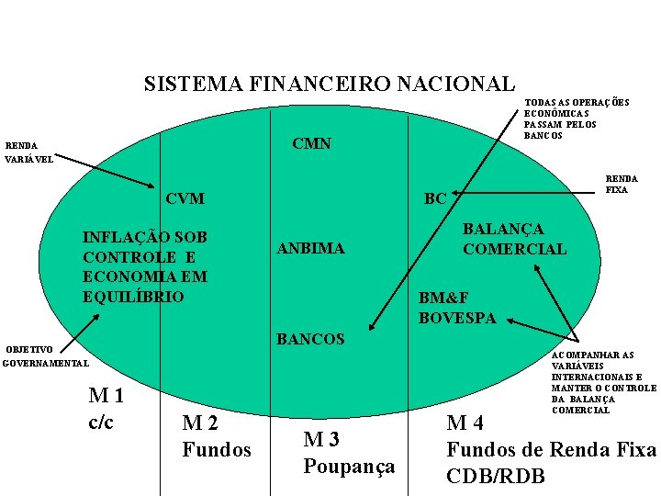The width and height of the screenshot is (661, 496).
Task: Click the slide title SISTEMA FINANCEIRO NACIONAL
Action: pos(329,85)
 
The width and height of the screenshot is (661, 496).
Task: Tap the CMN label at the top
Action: pos(311,144)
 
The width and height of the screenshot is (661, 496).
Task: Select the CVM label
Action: pos(185,199)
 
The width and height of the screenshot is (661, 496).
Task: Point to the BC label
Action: pos(435,198)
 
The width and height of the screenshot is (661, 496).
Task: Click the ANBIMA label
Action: pos(310,248)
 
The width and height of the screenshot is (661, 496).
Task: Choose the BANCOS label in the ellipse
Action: pos(310,339)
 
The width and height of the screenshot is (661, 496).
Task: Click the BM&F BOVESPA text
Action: pos(457,308)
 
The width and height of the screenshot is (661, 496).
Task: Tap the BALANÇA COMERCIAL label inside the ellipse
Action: pos(514,239)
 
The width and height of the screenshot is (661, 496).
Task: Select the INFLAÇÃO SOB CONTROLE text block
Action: pos(145,266)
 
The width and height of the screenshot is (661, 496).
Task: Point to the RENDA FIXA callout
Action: pos(621,185)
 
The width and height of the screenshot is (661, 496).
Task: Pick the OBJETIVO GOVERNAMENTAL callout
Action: pos(45,356)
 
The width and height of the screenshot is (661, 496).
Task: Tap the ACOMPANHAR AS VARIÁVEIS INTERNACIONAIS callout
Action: pos(603,382)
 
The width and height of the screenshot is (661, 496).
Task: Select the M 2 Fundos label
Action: pos(216,436)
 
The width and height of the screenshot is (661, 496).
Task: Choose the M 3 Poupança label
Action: pos(349,453)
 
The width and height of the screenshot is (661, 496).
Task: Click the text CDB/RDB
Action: pos(495,476)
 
